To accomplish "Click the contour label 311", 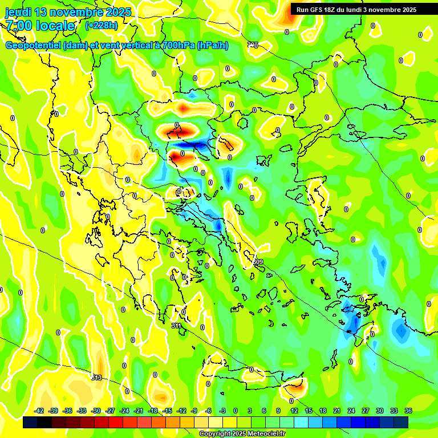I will [177, 326].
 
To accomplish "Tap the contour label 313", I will [96, 378].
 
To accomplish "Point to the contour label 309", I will [259, 262].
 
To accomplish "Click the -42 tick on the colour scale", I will [39, 411].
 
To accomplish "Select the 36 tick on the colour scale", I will [408, 411].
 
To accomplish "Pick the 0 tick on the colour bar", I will [236, 411].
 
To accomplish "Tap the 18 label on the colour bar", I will [322, 411].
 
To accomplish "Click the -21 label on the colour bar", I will [139, 411].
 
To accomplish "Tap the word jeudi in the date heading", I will [19, 12].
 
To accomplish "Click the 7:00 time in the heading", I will [19, 26].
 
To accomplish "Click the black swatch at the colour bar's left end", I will [30, 423].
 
